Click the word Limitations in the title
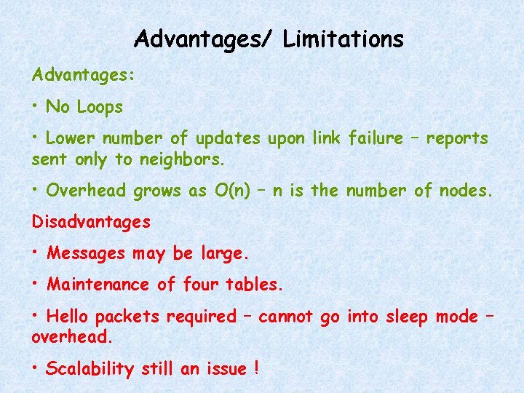(344, 39)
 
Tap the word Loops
(99, 108)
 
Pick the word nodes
(465, 191)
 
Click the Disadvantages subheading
(91, 221)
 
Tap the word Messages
(85, 253)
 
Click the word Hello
(68, 317)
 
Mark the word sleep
(404, 317)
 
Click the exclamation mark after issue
(257, 369)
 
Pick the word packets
(128, 317)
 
